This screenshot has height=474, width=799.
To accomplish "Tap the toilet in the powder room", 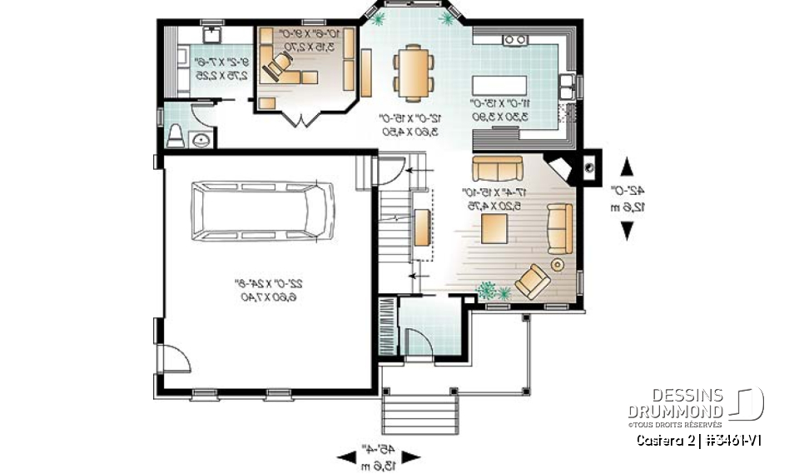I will click(176, 136).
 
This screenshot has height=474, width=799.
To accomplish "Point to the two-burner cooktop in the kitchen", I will click(514, 38).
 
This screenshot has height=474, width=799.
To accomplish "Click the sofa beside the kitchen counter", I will click(496, 169).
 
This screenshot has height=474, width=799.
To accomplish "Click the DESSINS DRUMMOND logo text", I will click(676, 403).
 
